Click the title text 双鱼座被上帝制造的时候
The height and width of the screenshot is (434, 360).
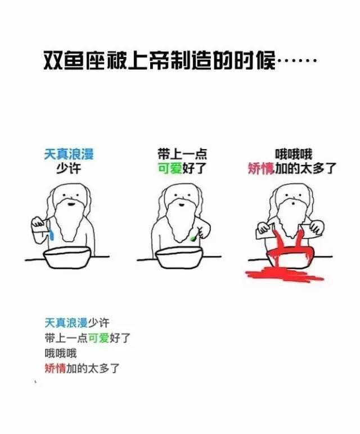159,60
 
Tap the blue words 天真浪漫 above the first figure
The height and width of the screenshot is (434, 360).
69,154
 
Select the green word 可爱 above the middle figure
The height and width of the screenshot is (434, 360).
170,168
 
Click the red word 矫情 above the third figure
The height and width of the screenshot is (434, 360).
261,168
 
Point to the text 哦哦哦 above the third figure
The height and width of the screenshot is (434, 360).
294,154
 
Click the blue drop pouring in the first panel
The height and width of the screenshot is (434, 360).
52,235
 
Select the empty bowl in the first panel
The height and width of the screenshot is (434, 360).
67,257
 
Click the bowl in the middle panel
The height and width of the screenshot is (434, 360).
179,257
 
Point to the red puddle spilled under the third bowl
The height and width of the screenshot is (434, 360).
285,274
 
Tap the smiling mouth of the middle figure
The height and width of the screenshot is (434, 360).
181,205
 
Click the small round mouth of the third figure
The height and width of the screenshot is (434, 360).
293,204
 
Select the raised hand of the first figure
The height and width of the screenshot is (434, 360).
38,222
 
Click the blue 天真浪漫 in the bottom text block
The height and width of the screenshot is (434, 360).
66,323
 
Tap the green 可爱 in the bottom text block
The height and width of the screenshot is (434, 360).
98,338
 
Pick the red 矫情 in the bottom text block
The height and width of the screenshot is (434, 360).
55,368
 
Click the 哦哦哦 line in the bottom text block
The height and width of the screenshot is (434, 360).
61,353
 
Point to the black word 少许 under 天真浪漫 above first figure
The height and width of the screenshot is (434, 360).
69,168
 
